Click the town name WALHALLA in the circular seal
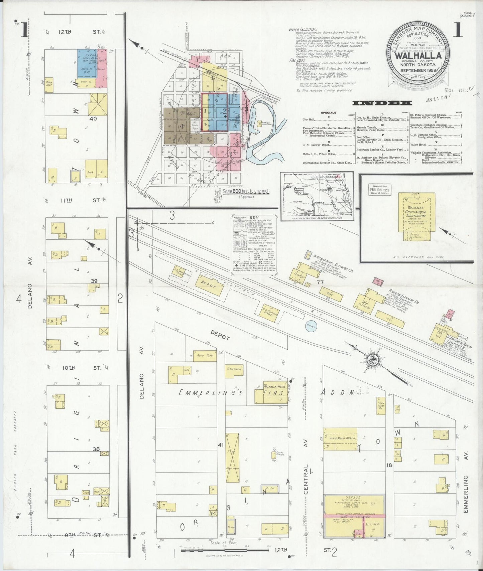tap(418, 56)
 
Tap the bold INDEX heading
tap(382, 103)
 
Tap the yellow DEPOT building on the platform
tap(209, 285)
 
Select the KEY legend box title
tap(254, 217)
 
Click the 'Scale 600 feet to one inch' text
tap(246, 191)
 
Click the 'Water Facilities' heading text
tap(303, 30)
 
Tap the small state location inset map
tap(316, 196)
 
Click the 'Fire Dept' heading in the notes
tap(297, 61)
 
